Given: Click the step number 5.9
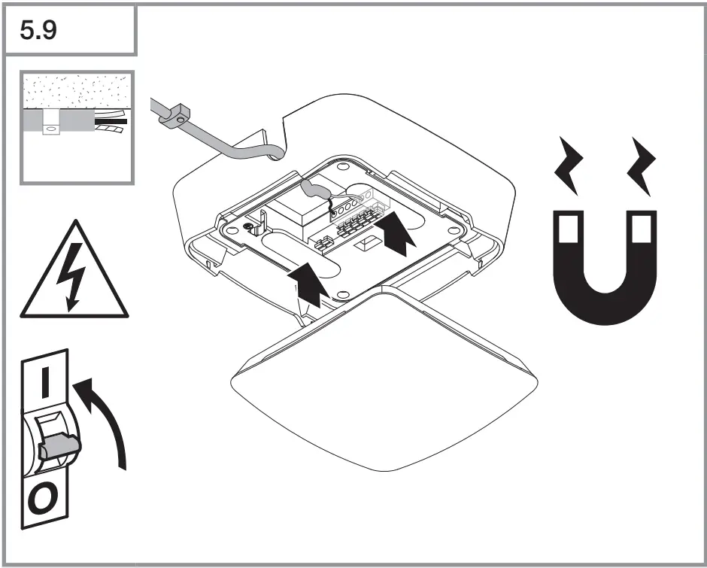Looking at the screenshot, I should coord(41,30).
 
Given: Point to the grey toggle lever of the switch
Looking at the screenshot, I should coord(56,447).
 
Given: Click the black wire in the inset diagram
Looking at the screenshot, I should coord(110,120).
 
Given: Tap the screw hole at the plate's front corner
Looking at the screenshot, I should coord(341,293).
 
